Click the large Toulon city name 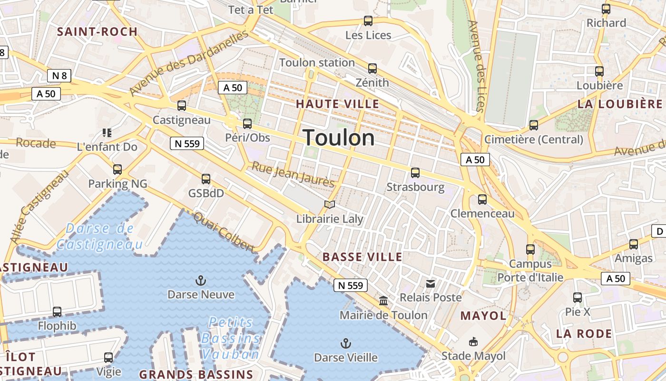[x=339, y=138]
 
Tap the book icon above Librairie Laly [x=330, y=205]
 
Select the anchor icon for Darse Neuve [x=201, y=280]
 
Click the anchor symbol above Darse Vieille [x=346, y=343]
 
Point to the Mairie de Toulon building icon [x=383, y=301]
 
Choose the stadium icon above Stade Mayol [x=473, y=341]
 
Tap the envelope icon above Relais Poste [x=431, y=284]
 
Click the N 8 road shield [x=59, y=75]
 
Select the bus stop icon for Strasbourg [x=415, y=173]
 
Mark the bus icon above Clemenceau [x=482, y=200]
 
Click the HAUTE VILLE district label [x=338, y=104]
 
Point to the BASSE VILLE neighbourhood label [x=362, y=257]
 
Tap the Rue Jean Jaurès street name [x=293, y=175]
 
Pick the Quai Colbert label [x=224, y=231]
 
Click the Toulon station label [x=317, y=62]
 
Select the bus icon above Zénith [x=372, y=69]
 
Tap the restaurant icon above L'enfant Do [x=107, y=132]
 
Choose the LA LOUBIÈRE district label [x=620, y=104]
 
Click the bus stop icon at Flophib [x=57, y=312]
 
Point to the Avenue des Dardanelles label [x=189, y=62]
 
